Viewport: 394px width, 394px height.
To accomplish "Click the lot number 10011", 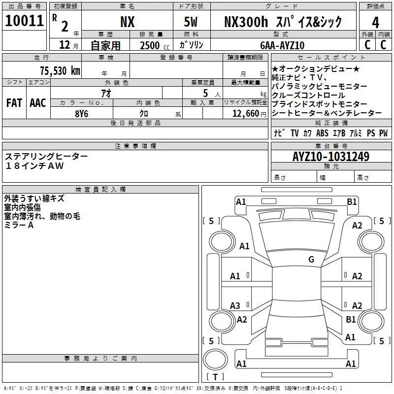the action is coord(24,21).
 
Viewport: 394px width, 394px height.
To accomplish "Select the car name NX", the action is coord(127,22).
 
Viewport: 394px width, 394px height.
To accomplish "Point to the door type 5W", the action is coord(191,22).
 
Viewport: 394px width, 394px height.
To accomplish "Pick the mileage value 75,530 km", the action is coord(59,70).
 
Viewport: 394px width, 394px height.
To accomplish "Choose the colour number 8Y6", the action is coord(81,112).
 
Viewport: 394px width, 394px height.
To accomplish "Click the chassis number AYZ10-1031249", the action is coord(330,157).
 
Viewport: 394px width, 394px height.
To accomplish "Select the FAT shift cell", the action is coord(14,103).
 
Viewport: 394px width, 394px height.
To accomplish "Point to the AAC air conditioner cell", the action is coord(37,103).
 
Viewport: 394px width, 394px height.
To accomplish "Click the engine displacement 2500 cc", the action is coord(150,45).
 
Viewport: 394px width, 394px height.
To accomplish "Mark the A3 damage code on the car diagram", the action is coord(235,306).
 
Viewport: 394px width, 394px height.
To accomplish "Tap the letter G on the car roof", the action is coord(311,260).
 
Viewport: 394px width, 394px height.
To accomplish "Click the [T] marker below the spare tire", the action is coord(215,377).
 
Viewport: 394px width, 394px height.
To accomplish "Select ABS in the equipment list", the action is coord(322,133).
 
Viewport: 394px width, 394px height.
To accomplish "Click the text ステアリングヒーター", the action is coord(47,156).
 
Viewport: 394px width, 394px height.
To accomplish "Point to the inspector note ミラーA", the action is coord(19,225).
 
